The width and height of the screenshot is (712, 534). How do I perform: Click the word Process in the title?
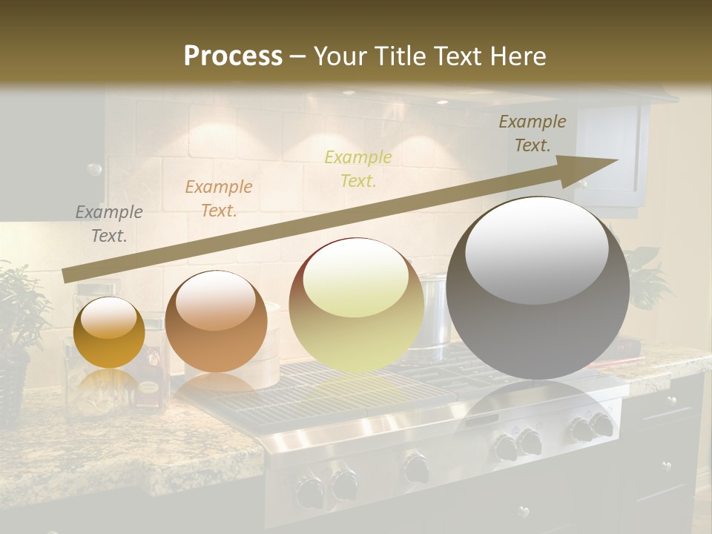[233, 56]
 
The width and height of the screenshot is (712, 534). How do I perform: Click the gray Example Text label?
[109, 224]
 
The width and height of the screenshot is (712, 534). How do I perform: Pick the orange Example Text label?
[219, 199]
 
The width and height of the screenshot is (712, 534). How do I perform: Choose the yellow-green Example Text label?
[358, 168]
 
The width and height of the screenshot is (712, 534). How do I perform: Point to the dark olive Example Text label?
[533, 133]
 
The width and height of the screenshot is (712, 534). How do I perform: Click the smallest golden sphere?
[110, 332]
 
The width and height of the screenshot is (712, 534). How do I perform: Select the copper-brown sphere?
[216, 322]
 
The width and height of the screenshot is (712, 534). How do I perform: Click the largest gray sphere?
[538, 289]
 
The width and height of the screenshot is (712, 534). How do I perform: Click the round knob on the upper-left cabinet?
[94, 169]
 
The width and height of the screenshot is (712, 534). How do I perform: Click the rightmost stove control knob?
[601, 426]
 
